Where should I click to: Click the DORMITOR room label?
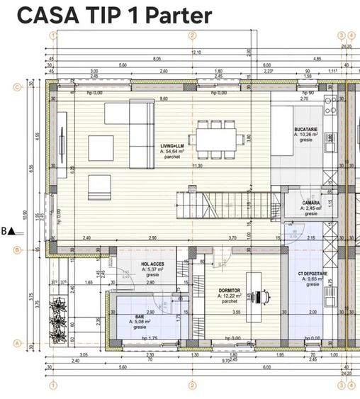[229, 291]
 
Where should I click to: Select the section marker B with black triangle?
[9, 230]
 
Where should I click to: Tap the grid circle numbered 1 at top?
[52, 35]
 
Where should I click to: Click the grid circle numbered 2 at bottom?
[191, 386]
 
